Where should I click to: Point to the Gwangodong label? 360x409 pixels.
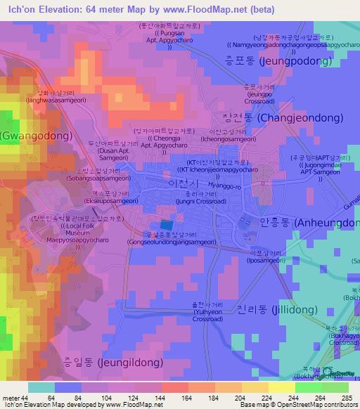tap(36, 135)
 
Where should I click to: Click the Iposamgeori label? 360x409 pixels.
tap(265, 259)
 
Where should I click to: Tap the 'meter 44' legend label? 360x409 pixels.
tap(15, 398)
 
